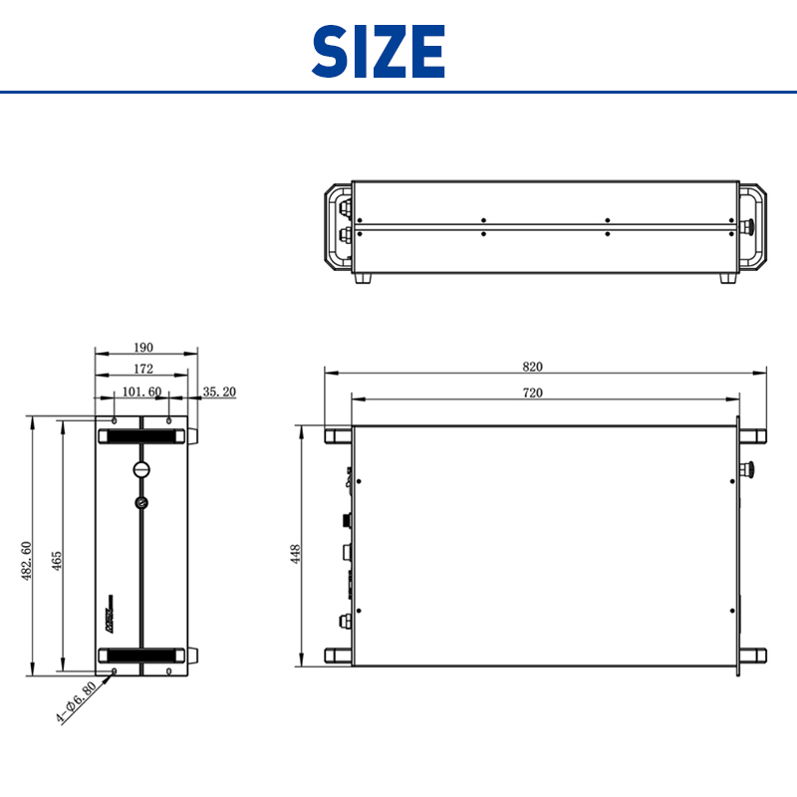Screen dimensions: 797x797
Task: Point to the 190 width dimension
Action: pos(142,348)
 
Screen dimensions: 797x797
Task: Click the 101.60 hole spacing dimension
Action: pos(141,392)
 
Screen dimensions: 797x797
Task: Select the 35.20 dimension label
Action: pos(219,392)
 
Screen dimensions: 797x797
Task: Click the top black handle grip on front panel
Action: pos(140,435)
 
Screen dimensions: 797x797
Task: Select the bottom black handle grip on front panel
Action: pos(140,655)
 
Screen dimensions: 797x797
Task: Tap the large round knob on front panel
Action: pos(141,470)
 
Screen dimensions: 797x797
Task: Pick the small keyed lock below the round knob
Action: pos(141,502)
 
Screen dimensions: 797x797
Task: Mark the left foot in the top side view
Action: pos(362,278)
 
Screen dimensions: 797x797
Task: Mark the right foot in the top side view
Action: pos(727,278)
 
